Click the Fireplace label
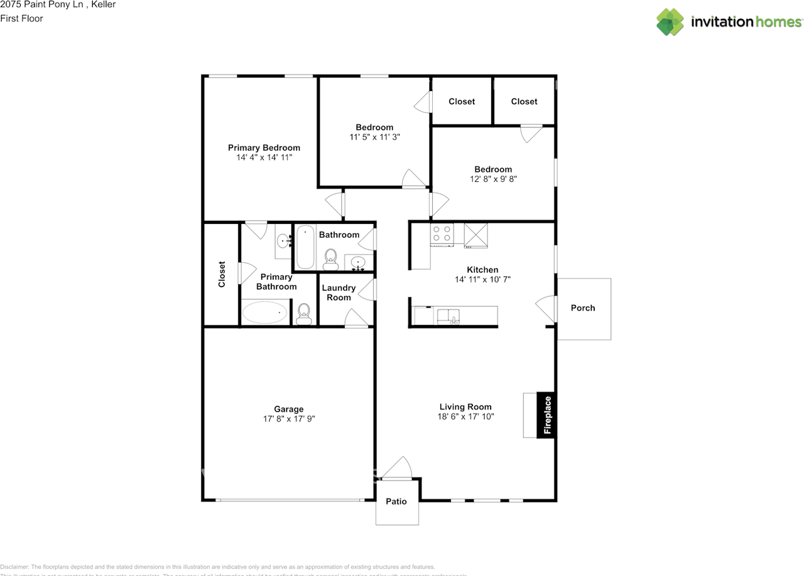point(547,415)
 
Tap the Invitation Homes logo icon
point(670,22)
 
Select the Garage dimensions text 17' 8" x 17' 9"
point(289,419)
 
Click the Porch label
point(583,308)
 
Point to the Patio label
point(396,501)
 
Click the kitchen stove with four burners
point(442,234)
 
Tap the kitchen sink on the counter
point(448,315)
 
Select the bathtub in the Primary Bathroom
point(265,312)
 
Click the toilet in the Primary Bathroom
point(304,313)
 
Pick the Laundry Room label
point(339,292)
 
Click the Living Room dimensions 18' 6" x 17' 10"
point(465,416)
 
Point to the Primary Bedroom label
point(264,148)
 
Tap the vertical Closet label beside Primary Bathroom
point(222,274)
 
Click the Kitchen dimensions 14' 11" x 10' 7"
point(482,279)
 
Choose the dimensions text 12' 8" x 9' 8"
point(493,179)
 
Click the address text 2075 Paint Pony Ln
point(40,5)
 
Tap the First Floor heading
point(21,19)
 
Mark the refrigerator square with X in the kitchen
point(475,235)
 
